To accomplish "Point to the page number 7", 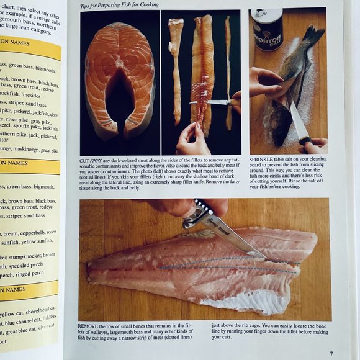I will click(332, 353).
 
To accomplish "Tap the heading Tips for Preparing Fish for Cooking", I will click(120, 4).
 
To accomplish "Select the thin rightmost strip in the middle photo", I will click(228, 68).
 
